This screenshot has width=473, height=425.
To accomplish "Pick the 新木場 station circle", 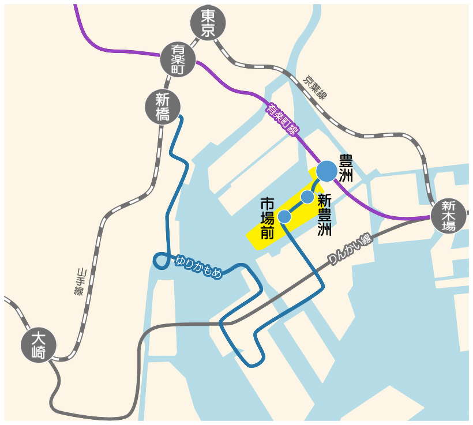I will (x=449, y=216).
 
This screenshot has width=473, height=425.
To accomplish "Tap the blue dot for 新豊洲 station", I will (x=307, y=197).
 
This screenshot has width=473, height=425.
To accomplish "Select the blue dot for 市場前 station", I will (x=284, y=216).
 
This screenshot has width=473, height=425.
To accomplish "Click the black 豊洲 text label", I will (x=346, y=168).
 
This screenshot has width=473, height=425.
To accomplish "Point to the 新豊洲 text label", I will (x=324, y=215).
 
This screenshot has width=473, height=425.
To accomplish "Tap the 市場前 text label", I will (x=268, y=219).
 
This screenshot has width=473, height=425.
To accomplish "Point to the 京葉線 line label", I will (x=316, y=87).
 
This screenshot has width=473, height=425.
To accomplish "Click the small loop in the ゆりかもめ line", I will (x=161, y=261).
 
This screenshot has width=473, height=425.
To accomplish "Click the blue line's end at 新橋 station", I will (x=181, y=118).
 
